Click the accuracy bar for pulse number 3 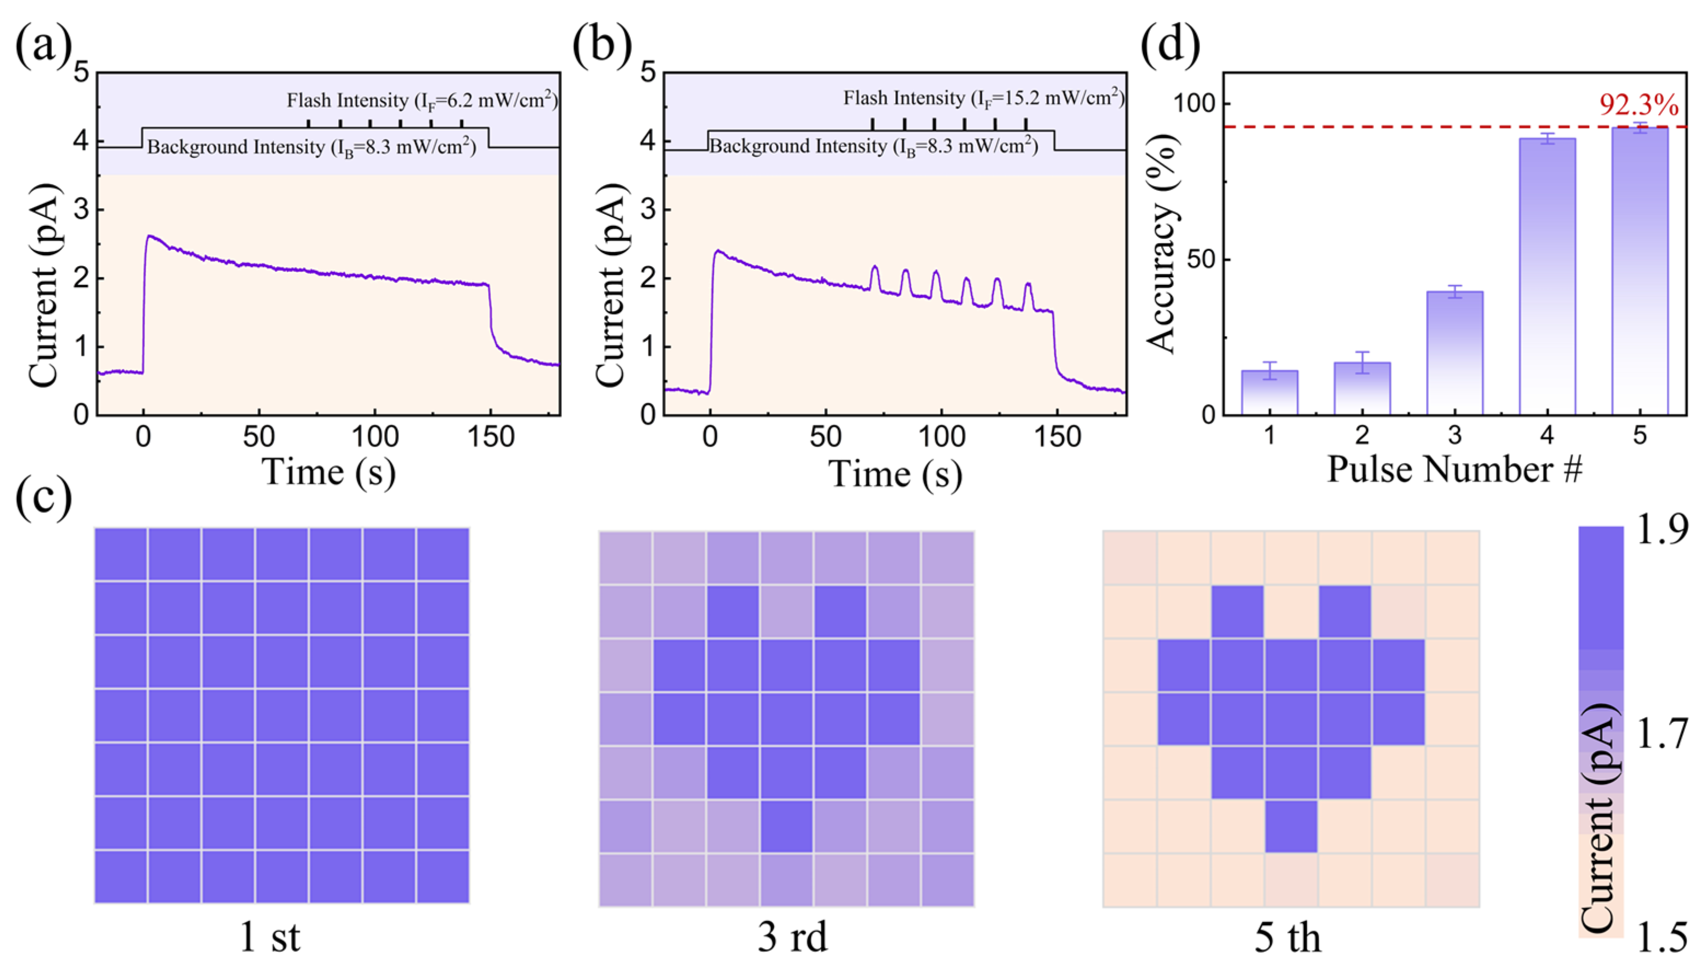[1454, 352]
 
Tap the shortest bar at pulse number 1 [1269, 392]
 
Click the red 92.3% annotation [1638, 106]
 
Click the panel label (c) [44, 496]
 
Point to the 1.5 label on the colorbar [1662, 937]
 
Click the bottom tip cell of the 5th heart [1291, 826]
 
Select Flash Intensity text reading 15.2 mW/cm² [983, 98]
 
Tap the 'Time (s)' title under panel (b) [895, 475]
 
